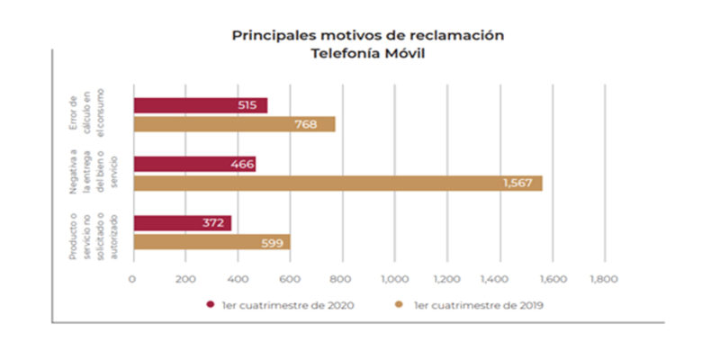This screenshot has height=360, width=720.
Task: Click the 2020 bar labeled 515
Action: (200, 105)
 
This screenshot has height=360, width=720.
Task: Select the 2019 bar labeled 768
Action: (234, 124)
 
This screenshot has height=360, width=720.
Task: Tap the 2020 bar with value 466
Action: (194, 164)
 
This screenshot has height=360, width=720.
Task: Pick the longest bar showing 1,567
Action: (337, 184)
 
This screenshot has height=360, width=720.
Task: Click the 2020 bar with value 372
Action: (182, 223)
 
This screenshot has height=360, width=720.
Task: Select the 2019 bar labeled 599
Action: (211, 242)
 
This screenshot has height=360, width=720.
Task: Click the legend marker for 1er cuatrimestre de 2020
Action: (210, 304)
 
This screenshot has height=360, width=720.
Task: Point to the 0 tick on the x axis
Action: (133, 279)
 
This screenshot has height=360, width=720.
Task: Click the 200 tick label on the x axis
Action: (185, 279)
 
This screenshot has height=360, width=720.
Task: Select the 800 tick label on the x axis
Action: (342, 279)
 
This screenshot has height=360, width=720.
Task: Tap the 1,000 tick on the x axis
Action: (394, 279)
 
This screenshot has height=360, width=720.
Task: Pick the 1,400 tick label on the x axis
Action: (499, 279)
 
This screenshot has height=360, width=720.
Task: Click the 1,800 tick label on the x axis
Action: (603, 279)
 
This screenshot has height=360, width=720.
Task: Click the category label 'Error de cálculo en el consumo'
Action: (88, 114)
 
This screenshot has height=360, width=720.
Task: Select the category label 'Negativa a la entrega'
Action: (88, 174)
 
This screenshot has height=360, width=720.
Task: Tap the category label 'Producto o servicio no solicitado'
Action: (88, 232)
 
